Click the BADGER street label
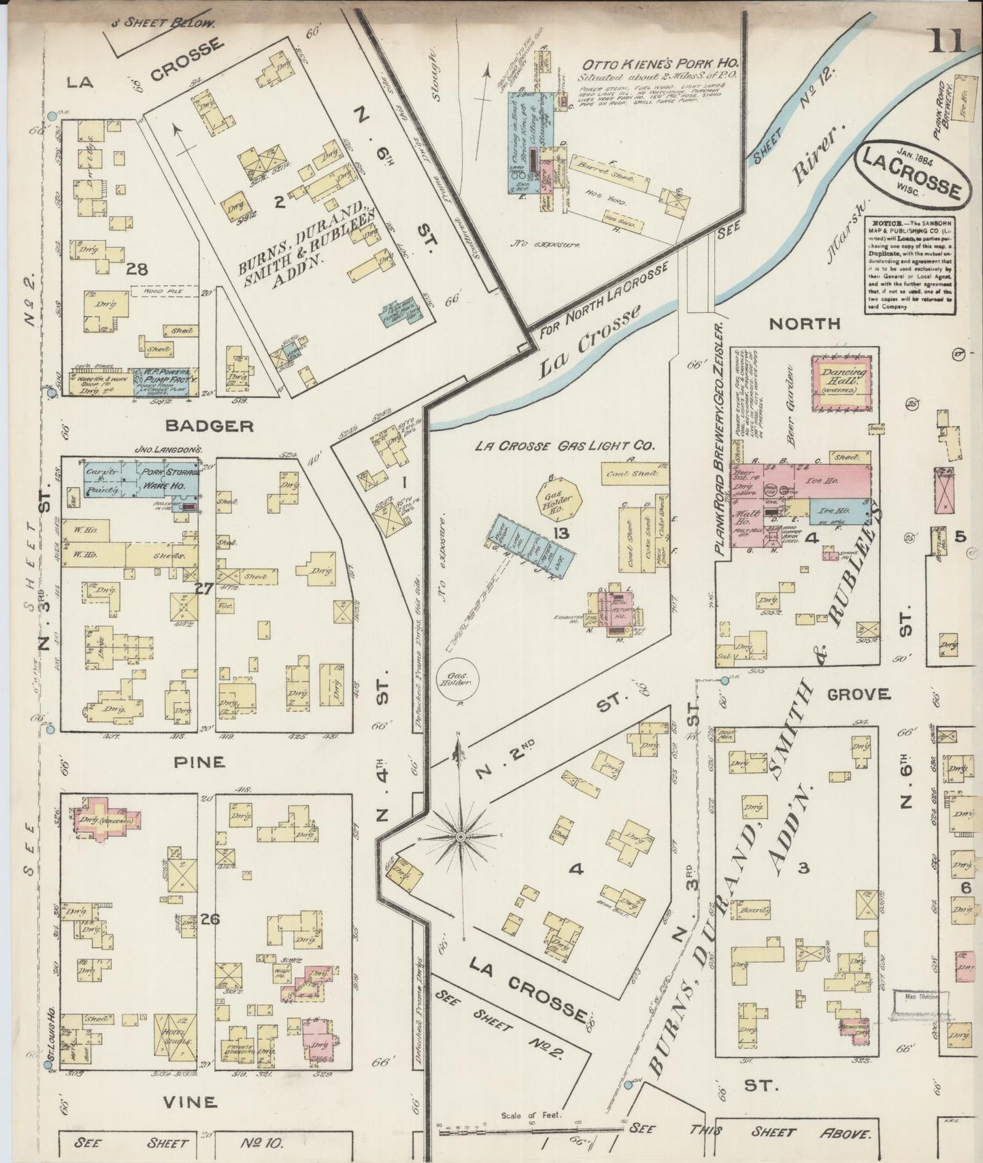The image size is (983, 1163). point(210,426)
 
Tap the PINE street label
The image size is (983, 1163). point(199,761)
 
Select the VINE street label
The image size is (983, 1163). point(191,1101)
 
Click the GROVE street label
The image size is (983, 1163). point(859,694)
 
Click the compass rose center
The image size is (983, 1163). point(460,835)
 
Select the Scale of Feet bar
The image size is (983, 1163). point(531,1130)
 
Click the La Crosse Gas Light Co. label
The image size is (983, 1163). point(565,446)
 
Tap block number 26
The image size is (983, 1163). point(209,919)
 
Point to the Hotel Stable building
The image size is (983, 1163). point(175,1034)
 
